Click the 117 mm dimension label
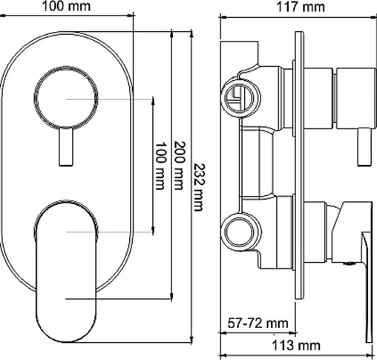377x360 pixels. point(300,7)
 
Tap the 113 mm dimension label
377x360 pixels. point(296,345)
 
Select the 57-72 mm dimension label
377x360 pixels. point(258,323)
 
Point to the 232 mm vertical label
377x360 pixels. point(199,187)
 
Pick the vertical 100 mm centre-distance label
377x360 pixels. point(160,166)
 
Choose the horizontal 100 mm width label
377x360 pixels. point(66,7)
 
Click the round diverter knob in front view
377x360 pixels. point(66,98)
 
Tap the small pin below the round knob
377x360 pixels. point(66,147)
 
